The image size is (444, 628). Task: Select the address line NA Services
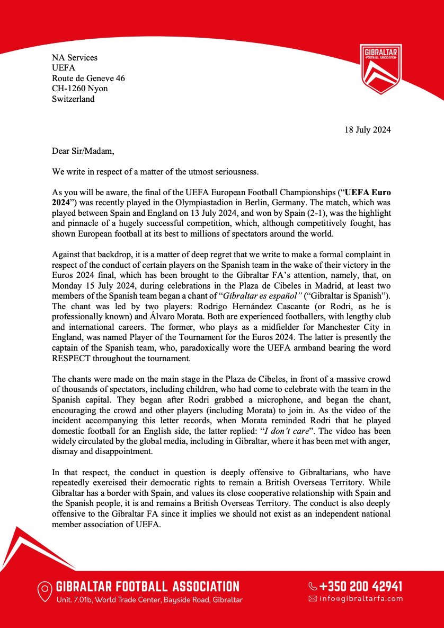pos(75,58)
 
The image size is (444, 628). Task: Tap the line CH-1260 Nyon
pos(80,89)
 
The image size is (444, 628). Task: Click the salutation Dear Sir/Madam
pos(83,151)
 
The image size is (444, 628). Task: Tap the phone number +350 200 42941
pos(361,586)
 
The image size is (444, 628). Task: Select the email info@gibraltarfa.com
pos(361,599)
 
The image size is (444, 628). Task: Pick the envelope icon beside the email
pos(313,599)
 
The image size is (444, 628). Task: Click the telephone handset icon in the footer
pos(313,587)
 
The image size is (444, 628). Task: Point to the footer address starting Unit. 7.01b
pos(149,600)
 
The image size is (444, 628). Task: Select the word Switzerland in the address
pos(73,99)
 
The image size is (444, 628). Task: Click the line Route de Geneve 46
pos(88,78)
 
